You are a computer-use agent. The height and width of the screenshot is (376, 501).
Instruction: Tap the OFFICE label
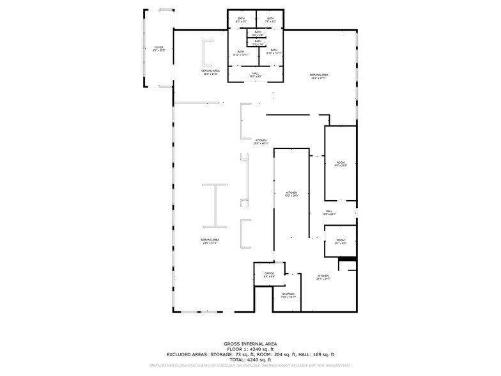coord(270,274)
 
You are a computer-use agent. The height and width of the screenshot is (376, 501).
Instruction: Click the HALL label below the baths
coord(256,75)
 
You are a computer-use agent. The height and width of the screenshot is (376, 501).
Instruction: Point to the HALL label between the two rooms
coord(328,212)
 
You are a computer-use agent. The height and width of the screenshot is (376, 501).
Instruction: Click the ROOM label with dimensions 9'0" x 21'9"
coord(341,164)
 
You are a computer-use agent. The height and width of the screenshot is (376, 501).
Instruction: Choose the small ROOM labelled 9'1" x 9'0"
coord(341,242)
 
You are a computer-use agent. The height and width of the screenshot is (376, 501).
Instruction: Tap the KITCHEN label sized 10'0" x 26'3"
coord(291,194)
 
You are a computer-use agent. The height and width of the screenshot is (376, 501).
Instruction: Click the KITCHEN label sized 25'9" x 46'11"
coord(261,141)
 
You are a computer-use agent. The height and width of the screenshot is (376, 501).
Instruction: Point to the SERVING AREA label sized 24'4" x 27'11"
coord(319,76)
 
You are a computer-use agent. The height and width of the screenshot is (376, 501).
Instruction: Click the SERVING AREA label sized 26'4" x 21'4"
coord(211,72)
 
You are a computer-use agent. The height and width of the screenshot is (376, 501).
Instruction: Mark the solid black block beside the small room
coord(347,259)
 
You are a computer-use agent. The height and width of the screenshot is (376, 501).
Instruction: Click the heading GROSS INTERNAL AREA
coord(250,343)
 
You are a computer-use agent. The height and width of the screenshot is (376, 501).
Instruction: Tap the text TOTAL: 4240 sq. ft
coord(250,359)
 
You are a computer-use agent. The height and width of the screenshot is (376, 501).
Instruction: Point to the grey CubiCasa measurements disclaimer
coord(250,366)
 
